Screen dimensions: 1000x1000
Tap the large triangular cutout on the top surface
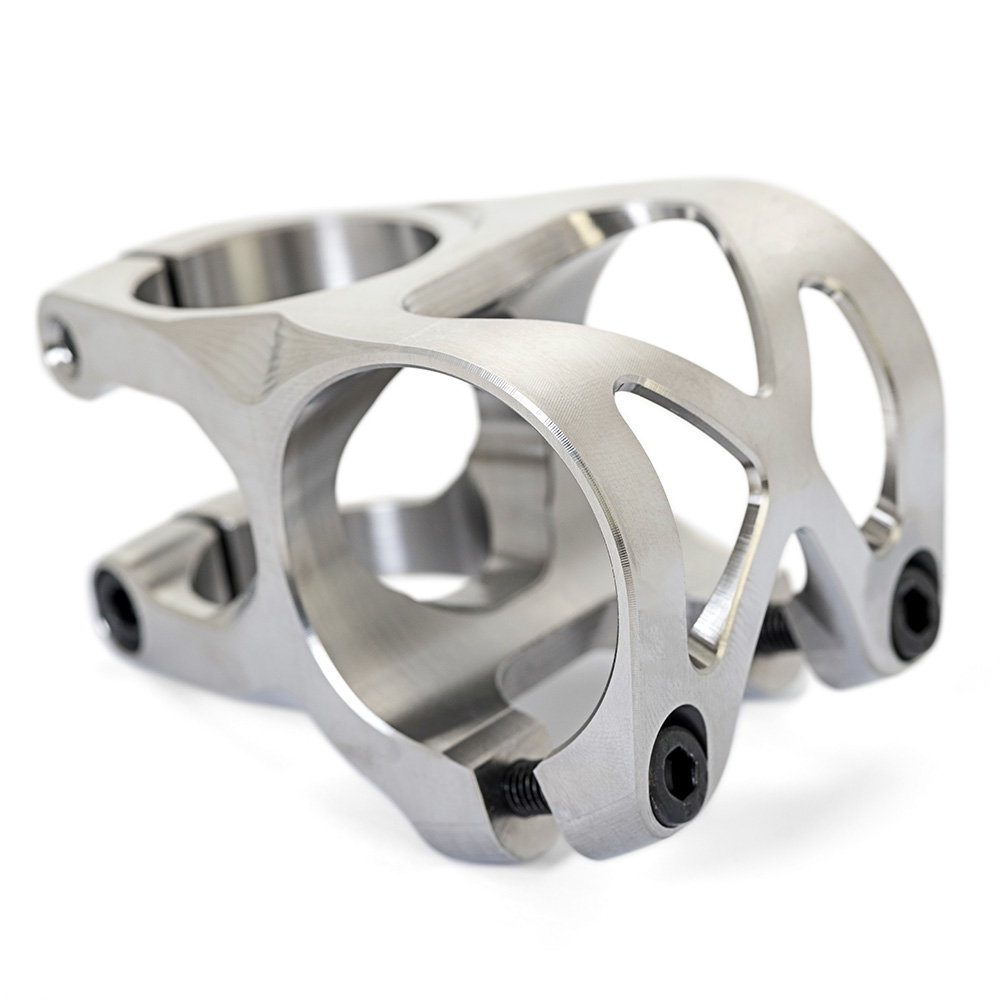pos(670,290)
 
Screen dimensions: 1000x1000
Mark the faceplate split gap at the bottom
pos(560,800)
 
